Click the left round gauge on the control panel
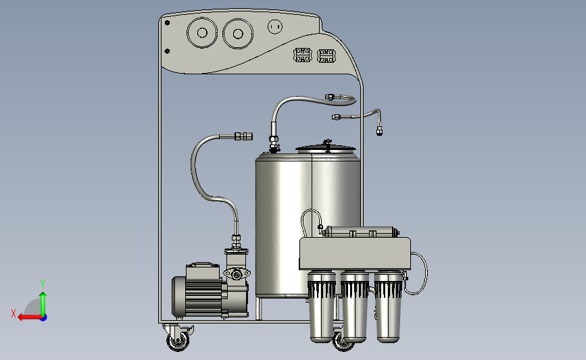pyautogui.click(x=202, y=33)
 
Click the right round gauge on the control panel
pyautogui.click(x=238, y=34)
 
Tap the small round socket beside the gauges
pyautogui.click(x=275, y=26)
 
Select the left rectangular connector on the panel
pyautogui.click(x=303, y=55)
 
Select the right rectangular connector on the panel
pyautogui.click(x=326, y=55)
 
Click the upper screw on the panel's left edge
pyautogui.click(x=167, y=23)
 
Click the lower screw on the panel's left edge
pyautogui.click(x=167, y=51)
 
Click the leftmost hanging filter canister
pyautogui.click(x=322, y=307)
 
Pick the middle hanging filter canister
pyautogui.click(x=355, y=307)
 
